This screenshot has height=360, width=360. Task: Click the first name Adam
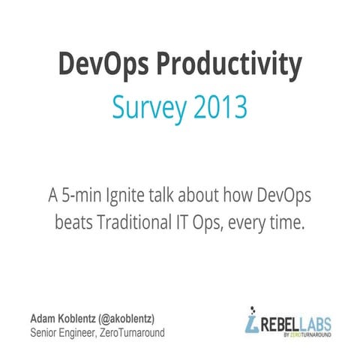click(x=43, y=318)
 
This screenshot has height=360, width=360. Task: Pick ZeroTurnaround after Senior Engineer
click(x=131, y=332)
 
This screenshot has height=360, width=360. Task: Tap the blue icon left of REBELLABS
click(x=251, y=320)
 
